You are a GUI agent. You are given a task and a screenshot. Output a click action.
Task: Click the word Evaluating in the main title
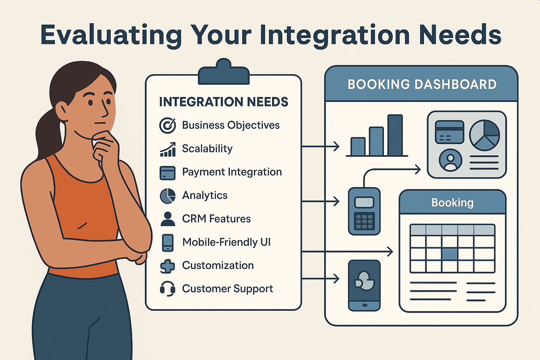coord(111,36)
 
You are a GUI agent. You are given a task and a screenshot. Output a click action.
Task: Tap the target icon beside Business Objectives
coord(167,126)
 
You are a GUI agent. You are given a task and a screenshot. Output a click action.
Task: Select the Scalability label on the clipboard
coord(207,148)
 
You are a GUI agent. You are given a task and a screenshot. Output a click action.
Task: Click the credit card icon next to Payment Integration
coord(167,173)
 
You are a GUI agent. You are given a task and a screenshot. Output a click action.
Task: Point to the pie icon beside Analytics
coord(168,196)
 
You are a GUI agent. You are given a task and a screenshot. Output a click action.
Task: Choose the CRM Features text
coord(216,219)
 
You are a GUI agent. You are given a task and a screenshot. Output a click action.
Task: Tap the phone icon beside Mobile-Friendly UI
coord(168,243)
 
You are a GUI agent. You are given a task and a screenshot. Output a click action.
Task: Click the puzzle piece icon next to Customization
coord(167,266)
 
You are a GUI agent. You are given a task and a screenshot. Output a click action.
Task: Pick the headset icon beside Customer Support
coord(168,289)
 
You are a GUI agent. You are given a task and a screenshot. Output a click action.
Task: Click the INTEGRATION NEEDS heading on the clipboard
coord(224,102)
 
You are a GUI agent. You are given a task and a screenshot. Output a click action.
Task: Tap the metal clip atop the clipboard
coord(224,72)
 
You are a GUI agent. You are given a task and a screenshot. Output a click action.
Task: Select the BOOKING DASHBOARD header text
coord(422,84)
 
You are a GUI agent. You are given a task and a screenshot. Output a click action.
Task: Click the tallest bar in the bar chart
coord(395,135)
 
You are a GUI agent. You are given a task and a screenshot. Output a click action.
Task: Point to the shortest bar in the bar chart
coord(358,146)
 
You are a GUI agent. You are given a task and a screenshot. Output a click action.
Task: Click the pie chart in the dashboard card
coord(484,135)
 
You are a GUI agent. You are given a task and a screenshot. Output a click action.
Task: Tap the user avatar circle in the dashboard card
coord(450,160)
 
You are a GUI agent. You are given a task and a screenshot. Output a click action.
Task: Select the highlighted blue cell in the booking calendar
coord(450,254)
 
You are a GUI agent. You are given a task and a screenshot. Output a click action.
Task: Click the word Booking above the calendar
coord(452,202)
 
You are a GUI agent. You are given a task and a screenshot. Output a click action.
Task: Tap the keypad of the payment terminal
coord(364,221)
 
